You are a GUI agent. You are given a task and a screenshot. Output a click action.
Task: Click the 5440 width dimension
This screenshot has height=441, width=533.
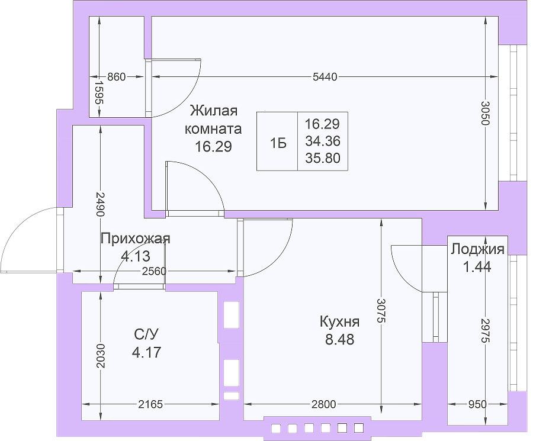(325, 77)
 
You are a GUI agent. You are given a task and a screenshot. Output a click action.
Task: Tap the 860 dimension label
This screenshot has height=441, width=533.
(116, 77)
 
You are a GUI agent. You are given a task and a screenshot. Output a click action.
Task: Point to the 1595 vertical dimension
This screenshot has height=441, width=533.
(99, 92)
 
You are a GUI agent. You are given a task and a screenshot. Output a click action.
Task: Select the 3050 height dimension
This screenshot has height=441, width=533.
(485, 113)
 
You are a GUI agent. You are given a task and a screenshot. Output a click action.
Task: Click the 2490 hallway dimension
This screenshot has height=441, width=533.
(100, 204)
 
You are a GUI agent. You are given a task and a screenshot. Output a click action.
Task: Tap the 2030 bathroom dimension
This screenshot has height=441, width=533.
(100, 356)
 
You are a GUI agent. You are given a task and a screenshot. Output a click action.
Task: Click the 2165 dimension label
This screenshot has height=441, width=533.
(150, 404)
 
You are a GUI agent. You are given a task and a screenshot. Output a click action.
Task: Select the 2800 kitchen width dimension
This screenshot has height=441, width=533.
(323, 404)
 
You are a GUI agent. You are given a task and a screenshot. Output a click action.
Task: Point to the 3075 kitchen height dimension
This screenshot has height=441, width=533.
(381, 311)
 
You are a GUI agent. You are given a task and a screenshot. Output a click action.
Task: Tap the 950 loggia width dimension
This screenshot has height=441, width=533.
(477, 404)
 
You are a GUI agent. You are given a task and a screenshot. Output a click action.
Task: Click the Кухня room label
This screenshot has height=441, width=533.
(339, 321)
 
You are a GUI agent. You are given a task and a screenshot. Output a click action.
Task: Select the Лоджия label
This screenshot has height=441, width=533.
(477, 249)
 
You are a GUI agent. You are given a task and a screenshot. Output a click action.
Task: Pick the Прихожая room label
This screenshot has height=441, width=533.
(135, 239)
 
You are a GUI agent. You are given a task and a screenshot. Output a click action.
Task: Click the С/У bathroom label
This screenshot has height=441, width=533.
(146, 334)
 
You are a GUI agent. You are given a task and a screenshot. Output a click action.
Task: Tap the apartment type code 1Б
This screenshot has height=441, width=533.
(278, 143)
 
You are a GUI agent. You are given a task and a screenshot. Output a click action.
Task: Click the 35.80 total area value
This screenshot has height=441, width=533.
(323, 158)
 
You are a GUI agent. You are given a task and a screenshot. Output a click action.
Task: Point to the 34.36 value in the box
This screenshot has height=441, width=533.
(323, 141)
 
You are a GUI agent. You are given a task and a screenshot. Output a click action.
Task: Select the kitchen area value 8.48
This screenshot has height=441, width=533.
(339, 339)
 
